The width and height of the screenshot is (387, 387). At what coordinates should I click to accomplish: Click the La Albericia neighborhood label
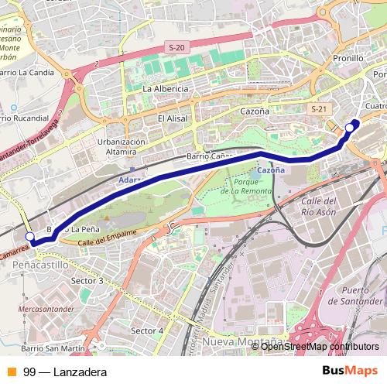(166, 89)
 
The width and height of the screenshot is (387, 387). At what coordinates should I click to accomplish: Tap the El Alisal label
(173, 118)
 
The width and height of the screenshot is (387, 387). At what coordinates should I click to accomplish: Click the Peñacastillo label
(36, 264)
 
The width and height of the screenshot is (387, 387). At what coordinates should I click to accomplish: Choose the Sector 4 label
(147, 330)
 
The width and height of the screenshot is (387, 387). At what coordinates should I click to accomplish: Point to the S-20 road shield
(176, 48)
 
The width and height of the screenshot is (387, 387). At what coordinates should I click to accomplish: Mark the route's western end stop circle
(30, 236)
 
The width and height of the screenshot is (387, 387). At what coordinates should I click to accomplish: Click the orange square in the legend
(11, 372)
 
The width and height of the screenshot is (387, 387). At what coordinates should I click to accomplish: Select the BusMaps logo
(351, 372)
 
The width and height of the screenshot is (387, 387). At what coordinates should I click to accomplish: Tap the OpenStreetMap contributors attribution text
(320, 346)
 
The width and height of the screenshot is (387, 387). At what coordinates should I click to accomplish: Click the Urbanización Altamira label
(122, 147)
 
